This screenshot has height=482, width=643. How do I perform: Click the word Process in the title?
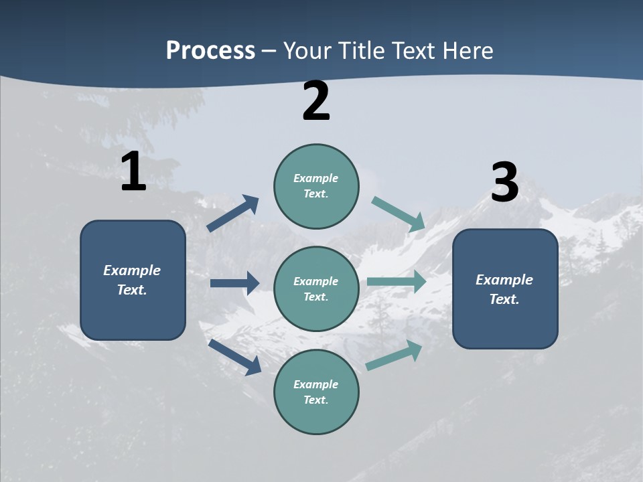pos(210,51)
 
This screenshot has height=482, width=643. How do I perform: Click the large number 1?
pos(133,172)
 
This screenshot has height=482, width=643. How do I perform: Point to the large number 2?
pos(316,101)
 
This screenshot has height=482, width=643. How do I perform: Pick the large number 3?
pos(505,182)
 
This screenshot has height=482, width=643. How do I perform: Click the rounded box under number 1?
pos(133,280)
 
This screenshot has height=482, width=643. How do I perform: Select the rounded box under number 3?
pos(505,289)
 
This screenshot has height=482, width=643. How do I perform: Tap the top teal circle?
pos(316,186)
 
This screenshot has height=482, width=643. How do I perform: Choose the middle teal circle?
pos(316,289)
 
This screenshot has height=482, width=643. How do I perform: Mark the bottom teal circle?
pos(316,392)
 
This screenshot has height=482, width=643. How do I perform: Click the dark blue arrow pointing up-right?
pos(232,214)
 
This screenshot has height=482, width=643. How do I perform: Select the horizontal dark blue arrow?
pos(234,283)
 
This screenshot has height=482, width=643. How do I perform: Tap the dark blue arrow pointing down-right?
pos(234,357)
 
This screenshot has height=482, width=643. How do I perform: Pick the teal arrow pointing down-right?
pos(399,214)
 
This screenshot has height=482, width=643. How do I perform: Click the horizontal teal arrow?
pos(397,281)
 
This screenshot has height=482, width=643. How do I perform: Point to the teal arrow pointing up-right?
pos(395,355)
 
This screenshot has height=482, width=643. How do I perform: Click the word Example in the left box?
pos(132,270)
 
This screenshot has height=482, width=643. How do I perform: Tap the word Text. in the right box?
pos(504,299)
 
